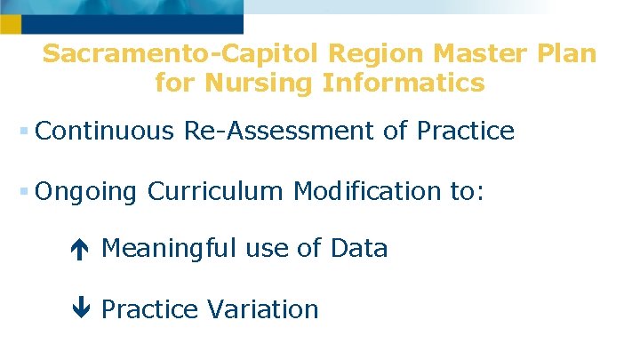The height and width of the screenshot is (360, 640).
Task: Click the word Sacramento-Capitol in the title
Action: [x=181, y=53]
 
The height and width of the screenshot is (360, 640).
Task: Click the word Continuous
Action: [x=106, y=132]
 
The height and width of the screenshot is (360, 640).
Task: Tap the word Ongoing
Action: [x=87, y=191]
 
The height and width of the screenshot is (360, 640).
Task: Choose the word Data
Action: [x=358, y=249]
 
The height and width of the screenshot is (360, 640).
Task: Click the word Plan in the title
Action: [x=567, y=53]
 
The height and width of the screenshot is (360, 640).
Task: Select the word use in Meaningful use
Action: [x=263, y=250]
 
